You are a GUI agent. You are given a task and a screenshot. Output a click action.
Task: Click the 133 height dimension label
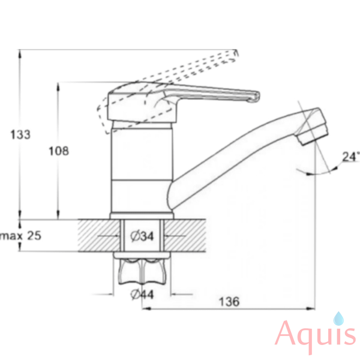pos(20,134)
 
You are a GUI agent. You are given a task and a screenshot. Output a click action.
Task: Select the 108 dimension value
pos(59,151)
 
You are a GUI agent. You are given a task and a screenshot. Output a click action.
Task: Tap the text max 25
pos(20,236)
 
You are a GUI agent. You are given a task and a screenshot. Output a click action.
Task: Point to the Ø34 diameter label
pos(142,236)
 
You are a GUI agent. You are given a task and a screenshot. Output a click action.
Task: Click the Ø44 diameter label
pos(142,294)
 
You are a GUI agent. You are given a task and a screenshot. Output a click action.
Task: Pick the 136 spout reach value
pos(229,301)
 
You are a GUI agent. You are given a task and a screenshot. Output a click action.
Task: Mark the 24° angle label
pos(351,157)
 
